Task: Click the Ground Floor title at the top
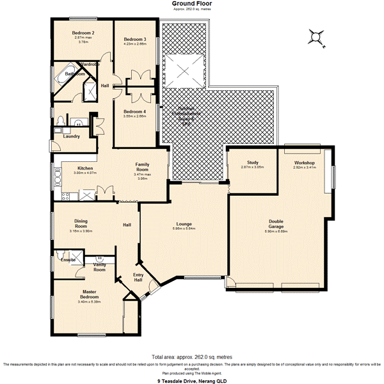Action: coord(192,4)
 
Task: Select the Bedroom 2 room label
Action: coord(83,33)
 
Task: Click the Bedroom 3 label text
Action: coord(135,39)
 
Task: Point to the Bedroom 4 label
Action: coord(135,111)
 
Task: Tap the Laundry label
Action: coord(71,136)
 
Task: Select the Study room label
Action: coord(252,163)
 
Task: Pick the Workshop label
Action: coord(304,163)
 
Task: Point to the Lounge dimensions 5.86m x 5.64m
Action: coord(184,228)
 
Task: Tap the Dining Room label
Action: coord(81,224)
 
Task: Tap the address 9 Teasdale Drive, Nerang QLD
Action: coord(192,380)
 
